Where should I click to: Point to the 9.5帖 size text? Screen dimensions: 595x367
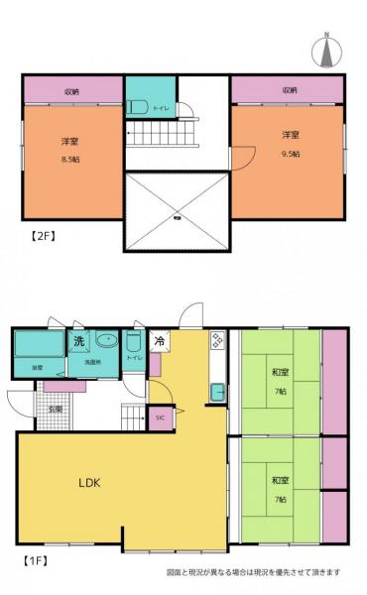coord(289,154)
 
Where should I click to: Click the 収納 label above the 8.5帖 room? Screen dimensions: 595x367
coord(72,91)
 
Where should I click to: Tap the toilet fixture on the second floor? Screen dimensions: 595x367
coord(137,106)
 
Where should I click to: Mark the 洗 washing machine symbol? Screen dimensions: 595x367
coord(78,341)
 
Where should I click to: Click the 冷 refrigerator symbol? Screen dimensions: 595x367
coord(159,342)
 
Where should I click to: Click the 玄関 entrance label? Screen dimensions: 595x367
coord(57,409)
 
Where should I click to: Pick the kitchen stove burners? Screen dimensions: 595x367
coord(217,343)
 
